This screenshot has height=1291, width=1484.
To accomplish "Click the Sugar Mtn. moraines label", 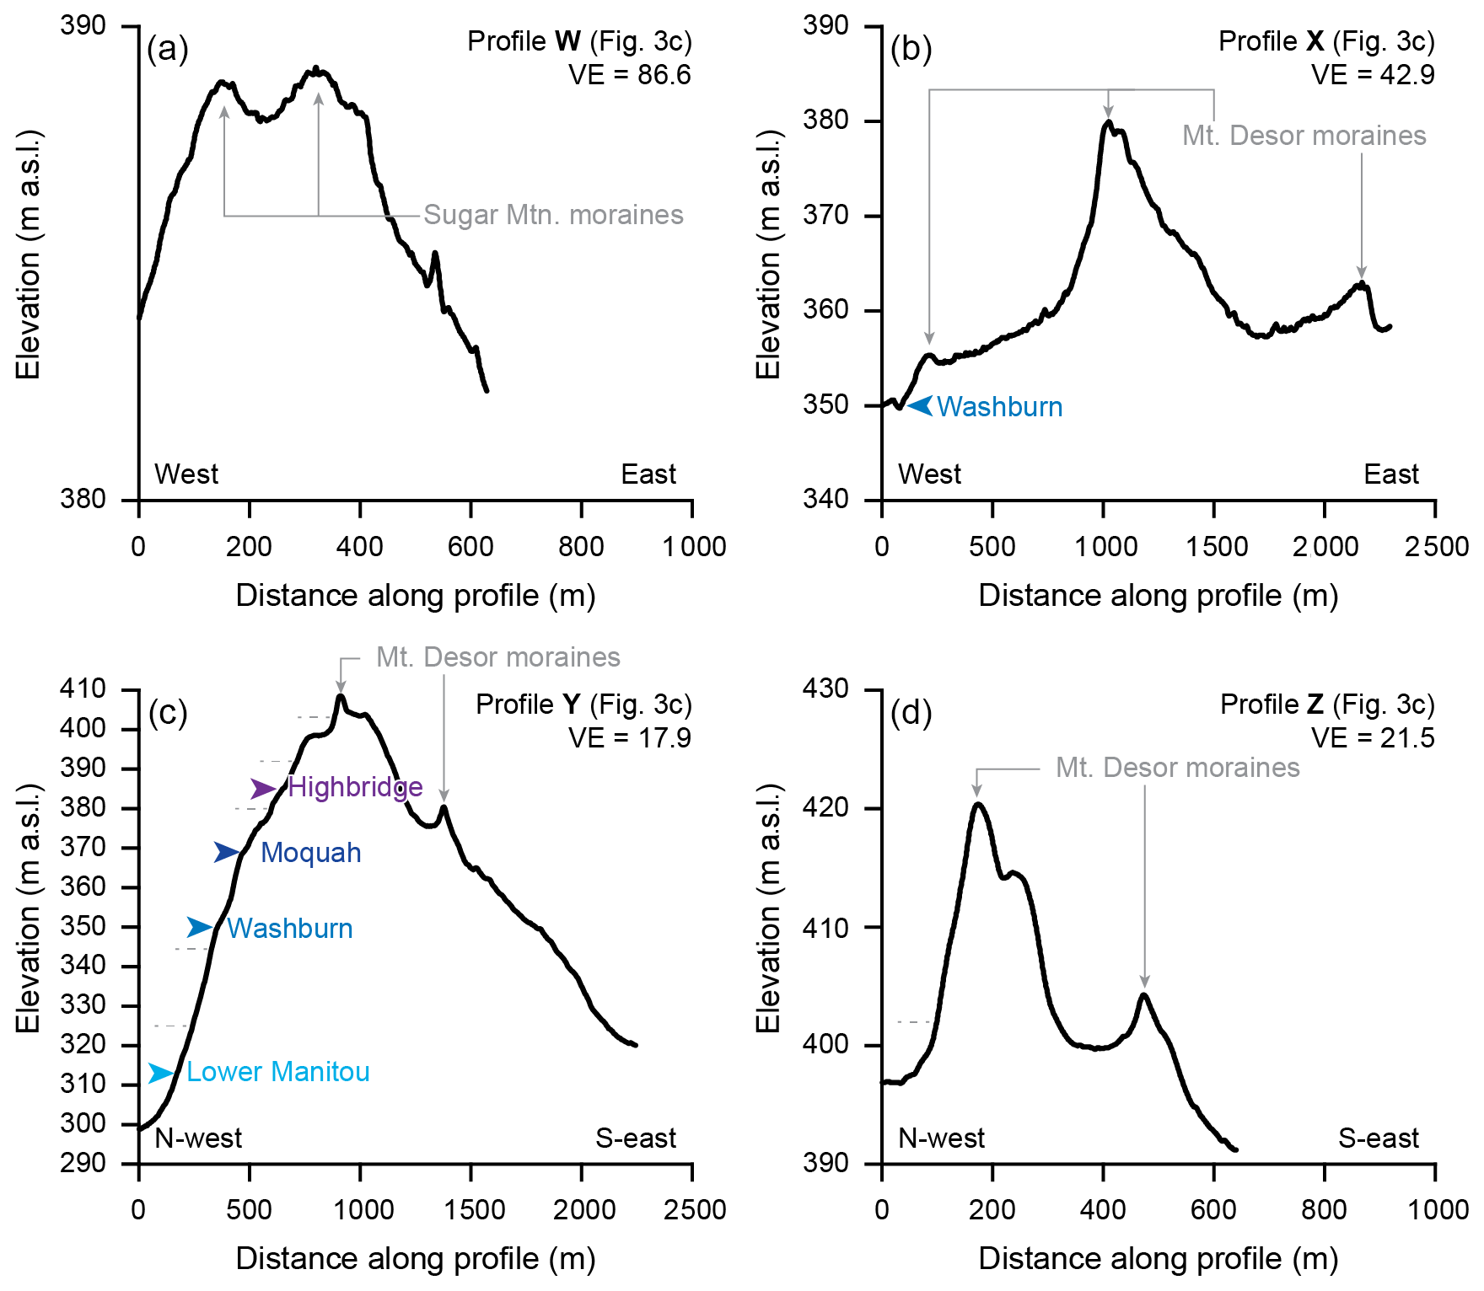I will pyautogui.click(x=553, y=215).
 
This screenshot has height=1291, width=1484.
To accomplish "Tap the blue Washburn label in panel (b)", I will pyautogui.click(x=999, y=407).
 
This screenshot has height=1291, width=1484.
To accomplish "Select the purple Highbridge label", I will pyautogui.click(x=355, y=787).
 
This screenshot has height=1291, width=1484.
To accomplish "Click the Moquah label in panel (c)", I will pyautogui.click(x=310, y=853).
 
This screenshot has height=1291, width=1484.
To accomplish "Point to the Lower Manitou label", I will pyautogui.click(x=277, y=1072).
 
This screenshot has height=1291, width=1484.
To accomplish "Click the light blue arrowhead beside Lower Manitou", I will pyautogui.click(x=160, y=1073).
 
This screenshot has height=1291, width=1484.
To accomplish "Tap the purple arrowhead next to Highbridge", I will pyautogui.click(x=262, y=789).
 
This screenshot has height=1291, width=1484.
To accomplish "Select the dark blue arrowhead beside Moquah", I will pyautogui.click(x=226, y=853).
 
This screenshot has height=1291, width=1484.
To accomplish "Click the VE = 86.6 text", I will pyautogui.click(x=629, y=75).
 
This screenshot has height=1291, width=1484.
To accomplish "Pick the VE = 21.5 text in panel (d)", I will pyautogui.click(x=1373, y=738).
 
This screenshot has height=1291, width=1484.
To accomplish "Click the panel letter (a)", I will pyautogui.click(x=167, y=49).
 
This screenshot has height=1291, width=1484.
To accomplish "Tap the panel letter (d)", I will pyautogui.click(x=911, y=713).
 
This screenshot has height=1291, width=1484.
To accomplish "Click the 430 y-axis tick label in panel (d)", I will pyautogui.click(x=825, y=689).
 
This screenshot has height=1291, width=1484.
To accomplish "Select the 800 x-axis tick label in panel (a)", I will pyautogui.click(x=581, y=547).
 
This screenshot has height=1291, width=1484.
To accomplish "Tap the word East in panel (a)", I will pyautogui.click(x=648, y=474).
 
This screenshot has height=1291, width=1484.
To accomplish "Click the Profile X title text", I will pyautogui.click(x=1326, y=41).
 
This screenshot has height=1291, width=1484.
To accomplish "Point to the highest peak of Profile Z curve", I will pyautogui.click(x=978, y=803).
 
